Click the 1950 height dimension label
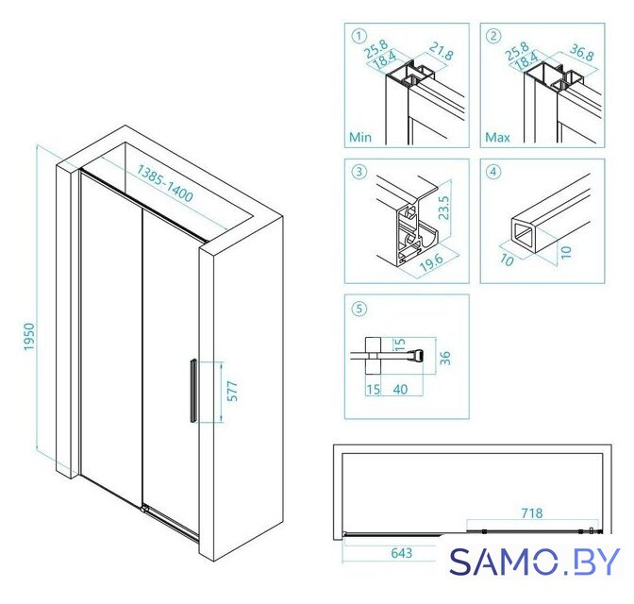click(29, 337)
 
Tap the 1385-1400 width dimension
click(164, 183)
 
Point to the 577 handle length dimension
click(232, 392)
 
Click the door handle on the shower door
click(193, 391)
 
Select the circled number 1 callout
click(359, 36)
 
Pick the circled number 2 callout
click(493, 36)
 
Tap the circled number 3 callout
click(359, 172)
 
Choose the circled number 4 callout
click(493, 172)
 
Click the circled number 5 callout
click(359, 309)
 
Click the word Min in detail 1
click(359, 137)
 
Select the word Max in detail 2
click(497, 137)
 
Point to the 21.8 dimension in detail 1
click(442, 51)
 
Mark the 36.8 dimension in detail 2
click(582, 52)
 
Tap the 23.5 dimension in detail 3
click(443, 208)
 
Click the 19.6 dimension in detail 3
click(431, 262)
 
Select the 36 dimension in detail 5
click(444, 358)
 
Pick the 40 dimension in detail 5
click(400, 389)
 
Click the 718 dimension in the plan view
click(532, 513)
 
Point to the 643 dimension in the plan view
click(402, 553)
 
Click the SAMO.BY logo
click(535, 562)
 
